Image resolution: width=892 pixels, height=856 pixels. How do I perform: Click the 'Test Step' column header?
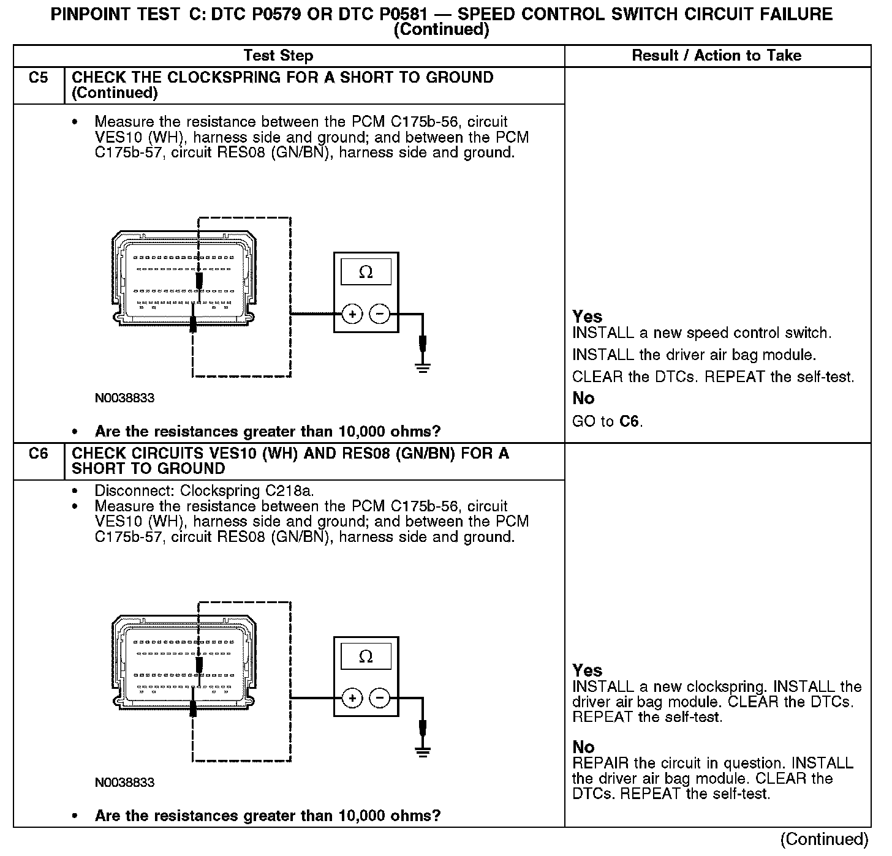278,56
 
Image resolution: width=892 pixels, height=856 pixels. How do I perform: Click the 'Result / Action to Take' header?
716,56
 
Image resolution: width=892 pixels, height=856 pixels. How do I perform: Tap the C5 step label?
38,78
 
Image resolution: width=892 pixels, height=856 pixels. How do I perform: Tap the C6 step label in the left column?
38,454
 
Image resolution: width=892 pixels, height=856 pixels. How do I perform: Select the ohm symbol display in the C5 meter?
366,272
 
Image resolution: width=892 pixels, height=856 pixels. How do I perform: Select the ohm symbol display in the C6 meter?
366,656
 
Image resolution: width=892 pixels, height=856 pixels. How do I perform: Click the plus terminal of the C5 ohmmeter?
352,314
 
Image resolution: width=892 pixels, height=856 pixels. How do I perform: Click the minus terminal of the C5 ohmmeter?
380,314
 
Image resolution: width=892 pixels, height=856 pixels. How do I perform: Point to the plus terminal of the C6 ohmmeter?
352,698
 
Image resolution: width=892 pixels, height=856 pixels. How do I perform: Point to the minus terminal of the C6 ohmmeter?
380,698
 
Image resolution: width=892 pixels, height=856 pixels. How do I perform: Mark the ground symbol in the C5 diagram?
422,367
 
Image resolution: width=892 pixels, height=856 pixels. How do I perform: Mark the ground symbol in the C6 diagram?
422,751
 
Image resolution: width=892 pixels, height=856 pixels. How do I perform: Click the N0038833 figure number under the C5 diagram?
124,398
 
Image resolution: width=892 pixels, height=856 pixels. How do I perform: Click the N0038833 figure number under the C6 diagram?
124,783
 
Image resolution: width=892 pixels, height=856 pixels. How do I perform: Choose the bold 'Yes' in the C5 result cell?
587,317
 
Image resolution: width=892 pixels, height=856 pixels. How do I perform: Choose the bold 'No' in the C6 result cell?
583,747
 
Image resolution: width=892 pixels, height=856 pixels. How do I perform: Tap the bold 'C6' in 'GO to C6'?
630,421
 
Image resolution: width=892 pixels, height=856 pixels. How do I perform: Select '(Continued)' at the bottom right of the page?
825,839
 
